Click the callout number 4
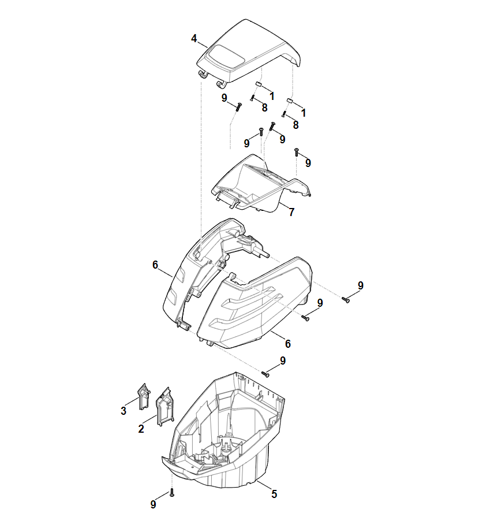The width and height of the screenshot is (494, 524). (194, 39)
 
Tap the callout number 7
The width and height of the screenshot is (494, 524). (292, 212)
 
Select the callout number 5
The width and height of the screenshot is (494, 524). (274, 494)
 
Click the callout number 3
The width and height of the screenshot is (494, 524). (124, 411)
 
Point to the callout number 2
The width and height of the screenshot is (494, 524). (141, 429)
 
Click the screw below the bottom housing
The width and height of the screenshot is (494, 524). (172, 492)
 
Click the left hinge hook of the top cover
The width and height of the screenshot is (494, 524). (202, 75)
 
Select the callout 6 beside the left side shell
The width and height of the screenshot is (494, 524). (155, 265)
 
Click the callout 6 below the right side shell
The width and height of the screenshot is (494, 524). (288, 344)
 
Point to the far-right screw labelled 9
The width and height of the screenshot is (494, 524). (346, 300)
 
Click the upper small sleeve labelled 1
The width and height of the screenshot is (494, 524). (259, 84)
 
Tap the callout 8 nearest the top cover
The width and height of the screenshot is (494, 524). (265, 107)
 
